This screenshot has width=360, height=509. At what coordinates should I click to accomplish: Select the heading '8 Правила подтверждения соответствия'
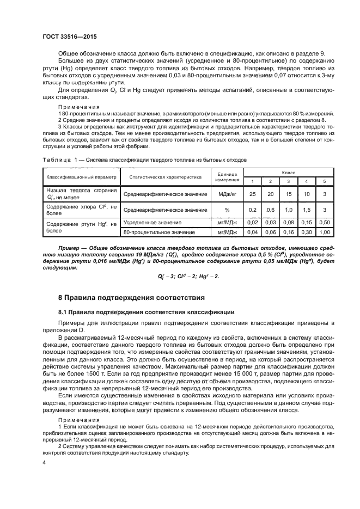(x=131, y=298)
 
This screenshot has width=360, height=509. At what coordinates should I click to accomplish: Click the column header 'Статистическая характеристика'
(x=166, y=177)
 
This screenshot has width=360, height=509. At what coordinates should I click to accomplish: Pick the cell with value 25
(x=252, y=194)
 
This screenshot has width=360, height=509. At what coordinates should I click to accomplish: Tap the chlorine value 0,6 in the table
(x=270, y=210)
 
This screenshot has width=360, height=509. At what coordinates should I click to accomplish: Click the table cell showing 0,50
(x=325, y=223)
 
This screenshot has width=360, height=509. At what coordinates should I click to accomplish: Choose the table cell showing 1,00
(x=325, y=232)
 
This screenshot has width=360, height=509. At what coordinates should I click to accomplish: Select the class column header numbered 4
(x=307, y=181)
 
